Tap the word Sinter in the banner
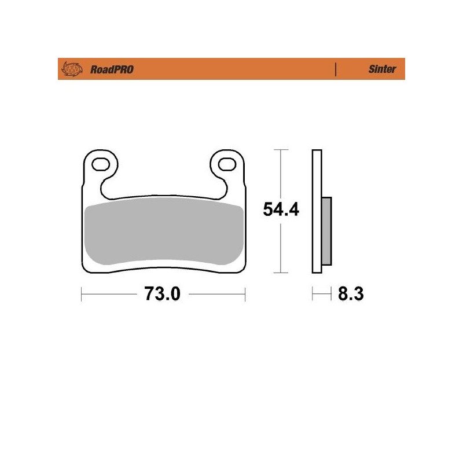(382, 69)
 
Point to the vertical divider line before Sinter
(336, 69)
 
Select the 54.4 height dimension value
(281, 210)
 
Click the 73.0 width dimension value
(163, 295)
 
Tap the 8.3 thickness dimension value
(350, 295)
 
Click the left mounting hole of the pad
(101, 164)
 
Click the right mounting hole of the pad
(227, 164)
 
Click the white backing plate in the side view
(316, 174)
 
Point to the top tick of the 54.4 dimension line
(281, 150)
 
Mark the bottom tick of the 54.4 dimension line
(281, 272)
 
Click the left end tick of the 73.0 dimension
(81, 295)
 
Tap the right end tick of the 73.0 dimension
(245, 295)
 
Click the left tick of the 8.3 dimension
(313, 295)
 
